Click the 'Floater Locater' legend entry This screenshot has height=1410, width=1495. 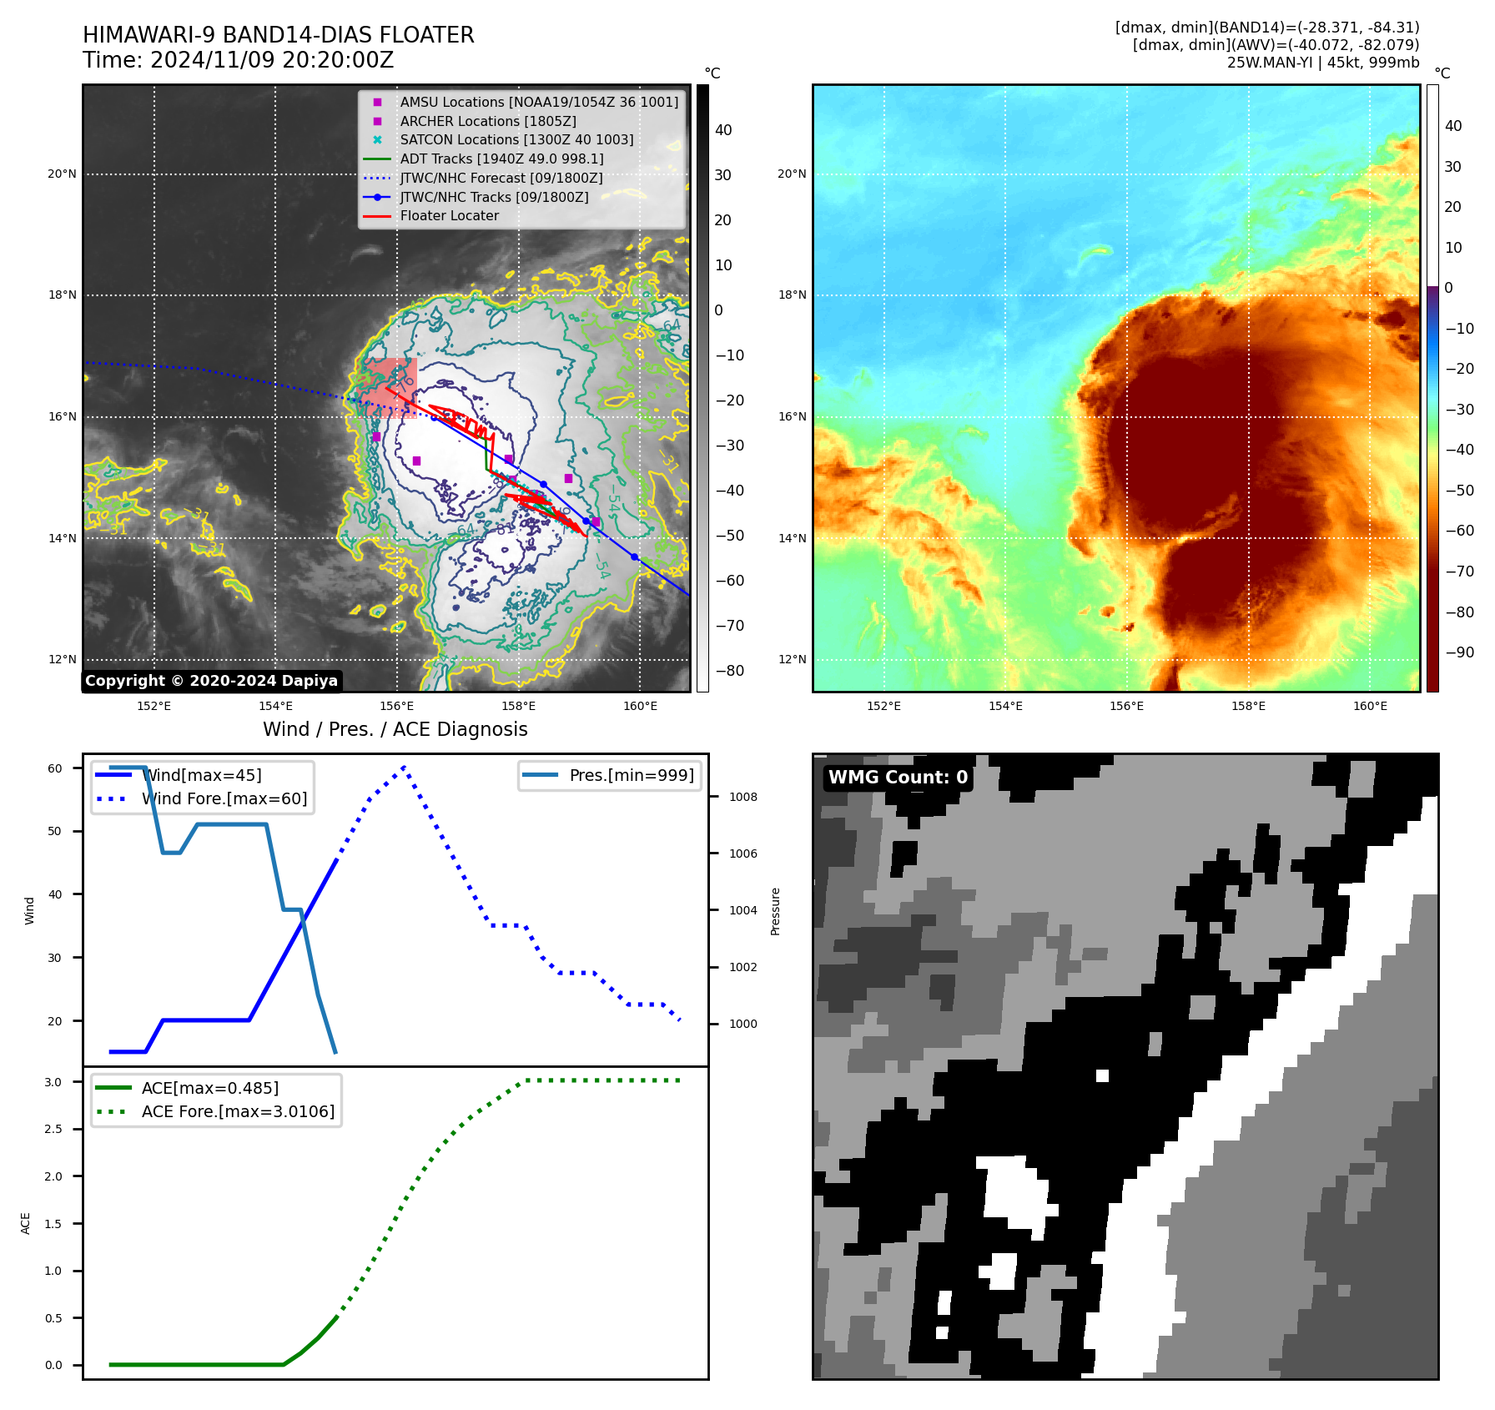pos(449,216)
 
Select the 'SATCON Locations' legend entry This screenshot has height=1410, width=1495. pos(516,140)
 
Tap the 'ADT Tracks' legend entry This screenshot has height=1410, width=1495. pos(501,159)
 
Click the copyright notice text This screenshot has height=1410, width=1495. pos(211,681)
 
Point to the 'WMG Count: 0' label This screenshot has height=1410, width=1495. pos(898,778)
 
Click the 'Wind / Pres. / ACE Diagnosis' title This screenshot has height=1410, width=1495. pos(395,730)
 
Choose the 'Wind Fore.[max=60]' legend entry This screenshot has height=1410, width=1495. pos(224,799)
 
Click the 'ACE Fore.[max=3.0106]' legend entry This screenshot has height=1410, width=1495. pos(238,1112)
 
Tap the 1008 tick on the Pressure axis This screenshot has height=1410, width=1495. pos(742,798)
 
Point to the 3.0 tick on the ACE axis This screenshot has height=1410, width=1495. pos(53,1082)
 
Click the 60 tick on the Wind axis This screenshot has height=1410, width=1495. pos(55,768)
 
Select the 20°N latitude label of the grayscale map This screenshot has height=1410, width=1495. pos(62,174)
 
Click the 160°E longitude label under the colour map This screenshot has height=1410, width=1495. pos(1370,707)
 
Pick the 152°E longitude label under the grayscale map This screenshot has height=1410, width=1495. pos(154,707)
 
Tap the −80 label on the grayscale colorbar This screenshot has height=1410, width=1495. pos(729,671)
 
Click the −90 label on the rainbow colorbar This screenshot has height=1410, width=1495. pos(1459,652)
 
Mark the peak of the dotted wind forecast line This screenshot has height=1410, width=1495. pos(404,766)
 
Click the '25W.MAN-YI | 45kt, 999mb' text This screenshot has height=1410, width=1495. pos(1322,63)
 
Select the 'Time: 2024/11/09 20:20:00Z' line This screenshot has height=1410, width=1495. pos(238,61)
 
